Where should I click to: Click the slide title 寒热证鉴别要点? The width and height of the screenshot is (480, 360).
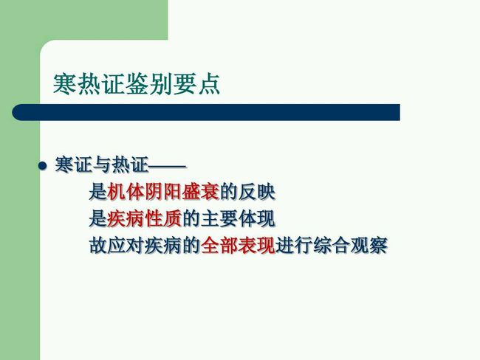click(137, 83)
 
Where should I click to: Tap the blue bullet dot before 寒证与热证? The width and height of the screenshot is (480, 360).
click(43, 166)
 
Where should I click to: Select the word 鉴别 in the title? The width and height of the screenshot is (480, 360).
click(148, 83)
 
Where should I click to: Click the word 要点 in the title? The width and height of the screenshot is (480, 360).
click(196, 83)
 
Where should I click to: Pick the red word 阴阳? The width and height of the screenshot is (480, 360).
click(163, 192)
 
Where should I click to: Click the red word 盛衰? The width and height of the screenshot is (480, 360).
click(201, 192)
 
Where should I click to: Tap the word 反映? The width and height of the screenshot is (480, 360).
click(256, 192)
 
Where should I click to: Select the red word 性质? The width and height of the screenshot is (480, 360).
click(163, 218)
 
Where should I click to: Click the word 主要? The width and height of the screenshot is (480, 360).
click(219, 218)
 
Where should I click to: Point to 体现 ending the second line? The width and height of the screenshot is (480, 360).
click(256, 218)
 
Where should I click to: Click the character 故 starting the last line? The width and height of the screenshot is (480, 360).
click(98, 246)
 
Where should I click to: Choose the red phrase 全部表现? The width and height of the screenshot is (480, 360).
click(238, 246)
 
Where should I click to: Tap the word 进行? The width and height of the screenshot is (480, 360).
click(294, 246)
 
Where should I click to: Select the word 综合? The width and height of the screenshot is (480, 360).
click(332, 246)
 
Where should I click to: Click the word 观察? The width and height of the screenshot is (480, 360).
click(368, 246)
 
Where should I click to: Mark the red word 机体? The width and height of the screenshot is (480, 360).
click(126, 192)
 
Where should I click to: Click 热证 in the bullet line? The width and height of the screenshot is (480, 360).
click(130, 165)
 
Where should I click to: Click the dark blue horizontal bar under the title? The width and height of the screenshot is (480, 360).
click(206, 112)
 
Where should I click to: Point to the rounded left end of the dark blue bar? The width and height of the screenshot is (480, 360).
click(13, 112)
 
